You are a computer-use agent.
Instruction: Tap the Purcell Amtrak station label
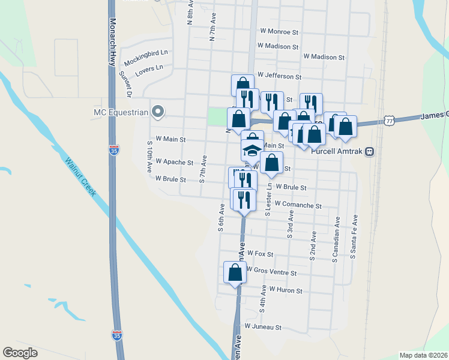coord(338,151)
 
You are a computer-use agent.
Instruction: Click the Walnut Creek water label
coord(81,176)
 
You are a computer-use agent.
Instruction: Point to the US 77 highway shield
coord(390,121)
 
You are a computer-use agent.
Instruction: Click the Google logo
coord(20,353)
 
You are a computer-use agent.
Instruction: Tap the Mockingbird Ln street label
coord(146,58)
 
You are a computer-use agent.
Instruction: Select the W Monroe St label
coord(279,31)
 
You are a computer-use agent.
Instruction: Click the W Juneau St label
coord(263,327)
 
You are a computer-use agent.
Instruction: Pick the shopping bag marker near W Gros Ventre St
coord(235,273)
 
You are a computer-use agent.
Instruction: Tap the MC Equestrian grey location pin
coord(157,111)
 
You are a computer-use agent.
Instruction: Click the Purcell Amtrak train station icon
coord(370,151)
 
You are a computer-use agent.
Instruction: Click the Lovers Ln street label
coord(149,68)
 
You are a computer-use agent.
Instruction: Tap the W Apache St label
coord(174,162)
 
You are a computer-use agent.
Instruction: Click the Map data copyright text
coord(424,355)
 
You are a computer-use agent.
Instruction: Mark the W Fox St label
coord(260,254)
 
